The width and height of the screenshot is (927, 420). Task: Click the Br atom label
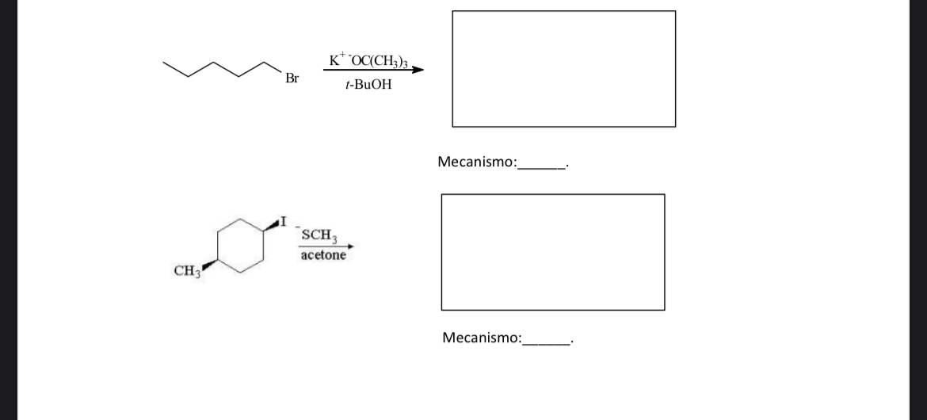pos(292,78)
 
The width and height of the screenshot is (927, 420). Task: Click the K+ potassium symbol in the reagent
pos(336,59)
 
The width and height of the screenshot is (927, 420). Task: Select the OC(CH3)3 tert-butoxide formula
pos(379,60)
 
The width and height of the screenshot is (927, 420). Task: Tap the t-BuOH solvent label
pos(369,84)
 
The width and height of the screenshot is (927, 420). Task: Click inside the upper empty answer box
pos(563,69)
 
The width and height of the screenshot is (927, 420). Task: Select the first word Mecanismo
pos(475,162)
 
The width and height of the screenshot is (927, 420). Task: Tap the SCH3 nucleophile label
pos(319,235)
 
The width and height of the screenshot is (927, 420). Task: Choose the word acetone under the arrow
pos(322,256)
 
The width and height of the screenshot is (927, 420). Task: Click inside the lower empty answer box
pos(552,252)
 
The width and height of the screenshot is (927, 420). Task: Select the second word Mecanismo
pos(481,338)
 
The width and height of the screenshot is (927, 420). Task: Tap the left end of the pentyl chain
pos(164,62)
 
